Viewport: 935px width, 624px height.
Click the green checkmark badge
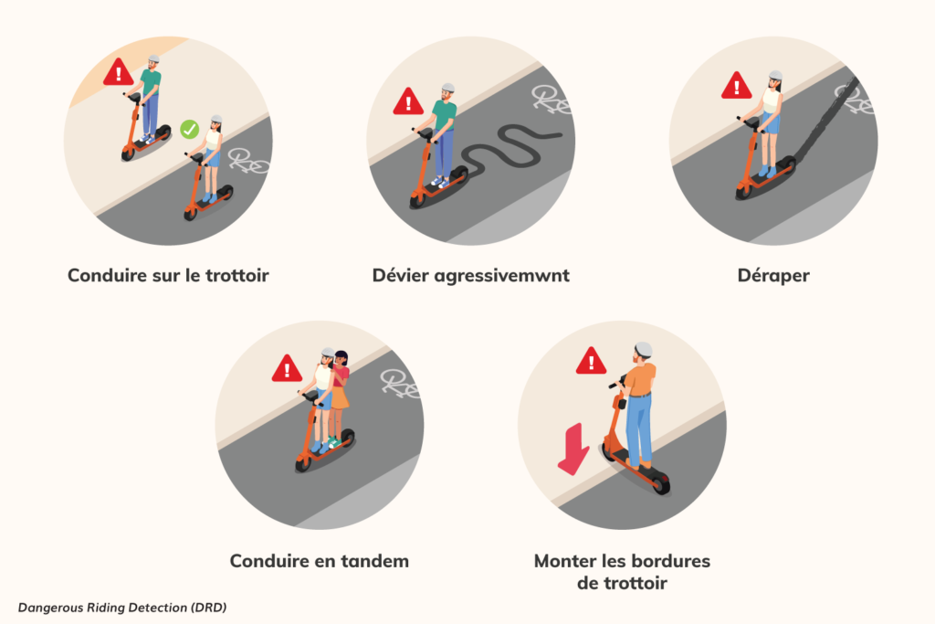[x=190, y=130]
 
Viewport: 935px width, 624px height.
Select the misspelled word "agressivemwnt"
[x=501, y=276]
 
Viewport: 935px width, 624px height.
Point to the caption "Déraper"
[x=773, y=276]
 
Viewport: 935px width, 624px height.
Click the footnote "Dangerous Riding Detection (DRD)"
[x=122, y=608]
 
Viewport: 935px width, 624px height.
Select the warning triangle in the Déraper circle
[x=737, y=85]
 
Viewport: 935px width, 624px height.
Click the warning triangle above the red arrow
[x=591, y=361]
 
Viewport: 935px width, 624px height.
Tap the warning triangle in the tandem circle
[x=287, y=369]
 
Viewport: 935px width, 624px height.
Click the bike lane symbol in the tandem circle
[x=400, y=384]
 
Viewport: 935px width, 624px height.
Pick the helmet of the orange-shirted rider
[x=643, y=349]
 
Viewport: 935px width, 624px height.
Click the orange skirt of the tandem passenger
[x=340, y=397]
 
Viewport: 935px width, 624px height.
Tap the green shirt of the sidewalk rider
[x=151, y=81]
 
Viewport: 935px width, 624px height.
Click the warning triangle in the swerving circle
[x=408, y=101]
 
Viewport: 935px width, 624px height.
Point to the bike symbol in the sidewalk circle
[x=249, y=161]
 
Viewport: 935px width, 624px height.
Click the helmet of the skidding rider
[x=775, y=76]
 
